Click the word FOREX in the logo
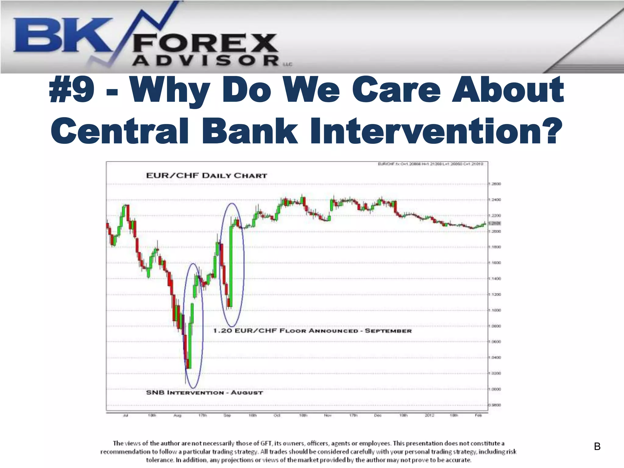205,43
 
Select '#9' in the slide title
72,90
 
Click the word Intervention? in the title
436,131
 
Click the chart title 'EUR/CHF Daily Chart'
207,175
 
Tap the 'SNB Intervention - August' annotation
204,392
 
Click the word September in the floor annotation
388,331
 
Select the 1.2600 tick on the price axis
495,184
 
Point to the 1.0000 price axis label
495,389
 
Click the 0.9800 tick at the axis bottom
495,405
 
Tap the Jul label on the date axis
126,415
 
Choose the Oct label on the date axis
277,415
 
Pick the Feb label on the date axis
478,415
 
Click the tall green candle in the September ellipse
231,265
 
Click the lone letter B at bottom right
597,447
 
